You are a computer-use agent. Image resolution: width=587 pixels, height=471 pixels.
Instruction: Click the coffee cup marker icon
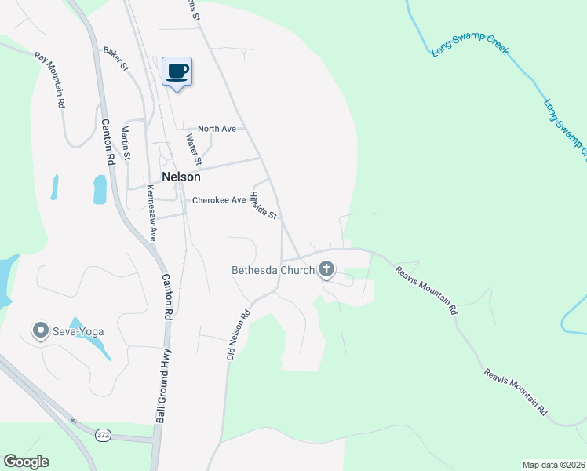click(x=177, y=71)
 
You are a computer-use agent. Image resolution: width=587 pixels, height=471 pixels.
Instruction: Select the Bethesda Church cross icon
click(x=326, y=271)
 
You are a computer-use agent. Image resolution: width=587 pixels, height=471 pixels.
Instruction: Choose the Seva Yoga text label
click(x=78, y=331)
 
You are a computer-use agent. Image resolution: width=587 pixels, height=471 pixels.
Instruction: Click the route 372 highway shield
click(x=103, y=434)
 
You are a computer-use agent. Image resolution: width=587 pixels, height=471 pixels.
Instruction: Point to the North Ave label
click(x=217, y=129)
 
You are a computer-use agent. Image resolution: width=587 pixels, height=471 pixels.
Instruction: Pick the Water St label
click(x=194, y=150)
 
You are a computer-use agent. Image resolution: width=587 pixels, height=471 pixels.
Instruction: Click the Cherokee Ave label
click(x=220, y=200)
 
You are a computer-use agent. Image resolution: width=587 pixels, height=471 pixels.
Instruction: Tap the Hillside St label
click(x=263, y=204)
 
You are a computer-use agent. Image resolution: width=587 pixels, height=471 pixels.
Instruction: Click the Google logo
click(x=26, y=462)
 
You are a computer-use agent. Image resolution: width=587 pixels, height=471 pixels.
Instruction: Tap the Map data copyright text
click(x=552, y=464)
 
